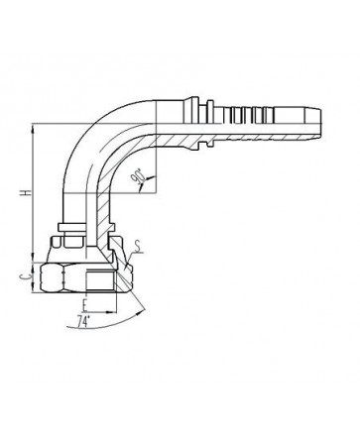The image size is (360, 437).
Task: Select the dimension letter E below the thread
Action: point(85,306)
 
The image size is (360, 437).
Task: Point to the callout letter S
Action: point(139,246)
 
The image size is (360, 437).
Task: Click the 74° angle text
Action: point(84,321)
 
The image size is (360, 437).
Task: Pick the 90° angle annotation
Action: point(137,176)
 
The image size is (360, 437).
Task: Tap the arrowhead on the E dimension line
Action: point(113,311)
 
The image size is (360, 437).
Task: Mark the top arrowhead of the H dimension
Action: point(33,128)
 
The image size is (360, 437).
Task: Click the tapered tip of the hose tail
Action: point(317,123)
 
